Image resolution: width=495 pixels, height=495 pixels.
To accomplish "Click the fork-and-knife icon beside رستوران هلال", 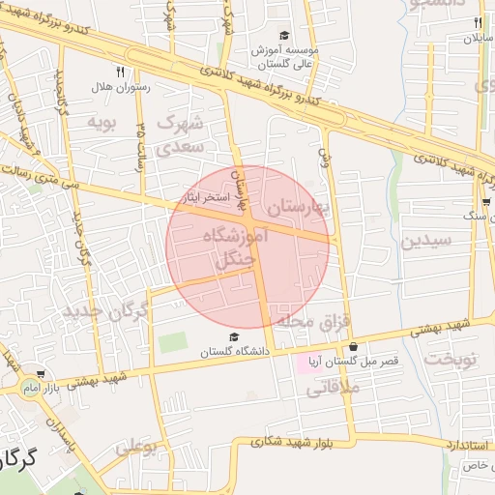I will tap(120, 71).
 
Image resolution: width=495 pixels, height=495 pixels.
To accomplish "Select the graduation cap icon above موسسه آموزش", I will tap(283, 36).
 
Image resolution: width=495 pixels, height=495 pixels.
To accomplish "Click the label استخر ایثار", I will tap(205, 196).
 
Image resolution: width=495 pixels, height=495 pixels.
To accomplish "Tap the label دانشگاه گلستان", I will tap(233, 352).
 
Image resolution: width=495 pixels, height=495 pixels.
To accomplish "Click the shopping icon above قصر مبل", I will tap(352, 347).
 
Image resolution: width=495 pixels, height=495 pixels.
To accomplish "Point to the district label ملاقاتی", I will tap(332, 389).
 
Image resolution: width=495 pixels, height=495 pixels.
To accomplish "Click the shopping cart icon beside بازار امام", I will tap(40, 374).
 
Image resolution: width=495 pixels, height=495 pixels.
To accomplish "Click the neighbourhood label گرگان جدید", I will tap(107, 311).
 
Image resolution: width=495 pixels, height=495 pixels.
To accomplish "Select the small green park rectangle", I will tap(172, 342).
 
